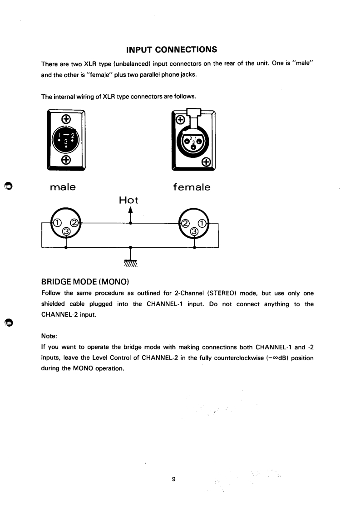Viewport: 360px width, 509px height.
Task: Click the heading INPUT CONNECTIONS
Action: (171, 49)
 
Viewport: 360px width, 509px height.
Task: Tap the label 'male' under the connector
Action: (63, 187)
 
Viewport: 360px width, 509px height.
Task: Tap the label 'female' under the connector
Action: (192, 187)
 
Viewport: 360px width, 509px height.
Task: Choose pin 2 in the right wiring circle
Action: (185, 223)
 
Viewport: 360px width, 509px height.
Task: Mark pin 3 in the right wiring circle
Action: (194, 231)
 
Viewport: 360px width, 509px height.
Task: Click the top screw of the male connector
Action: (66, 120)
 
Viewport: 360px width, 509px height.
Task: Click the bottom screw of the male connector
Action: (66, 160)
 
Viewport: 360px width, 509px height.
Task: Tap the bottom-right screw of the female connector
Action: (206, 162)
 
